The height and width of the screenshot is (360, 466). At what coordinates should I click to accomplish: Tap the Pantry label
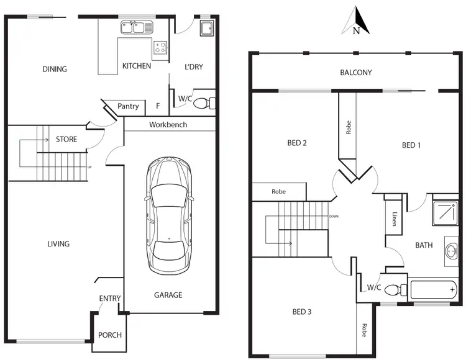128,107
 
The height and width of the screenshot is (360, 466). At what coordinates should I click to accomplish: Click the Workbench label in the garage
168,125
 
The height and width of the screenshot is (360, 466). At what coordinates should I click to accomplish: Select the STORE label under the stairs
66,139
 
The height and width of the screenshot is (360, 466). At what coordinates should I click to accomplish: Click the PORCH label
110,335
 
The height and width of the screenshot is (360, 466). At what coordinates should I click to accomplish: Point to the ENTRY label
110,299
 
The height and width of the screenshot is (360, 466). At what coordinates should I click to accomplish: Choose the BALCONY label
356,73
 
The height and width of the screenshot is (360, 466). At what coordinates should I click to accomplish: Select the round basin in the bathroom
451,251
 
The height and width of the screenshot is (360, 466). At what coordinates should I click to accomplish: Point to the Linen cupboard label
395,219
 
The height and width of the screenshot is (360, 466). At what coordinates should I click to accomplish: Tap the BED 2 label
298,143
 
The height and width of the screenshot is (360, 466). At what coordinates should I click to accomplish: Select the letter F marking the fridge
158,107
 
